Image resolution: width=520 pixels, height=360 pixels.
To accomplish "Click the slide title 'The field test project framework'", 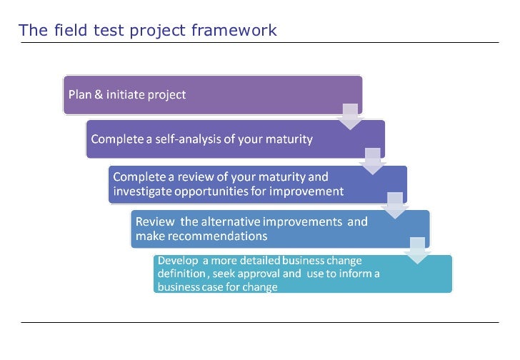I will [x=148, y=30].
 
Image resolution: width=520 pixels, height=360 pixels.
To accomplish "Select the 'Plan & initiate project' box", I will [x=212, y=95].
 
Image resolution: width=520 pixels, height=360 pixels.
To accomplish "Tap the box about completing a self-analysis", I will [x=235, y=139].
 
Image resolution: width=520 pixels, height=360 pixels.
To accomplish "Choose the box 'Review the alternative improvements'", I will [x=280, y=229].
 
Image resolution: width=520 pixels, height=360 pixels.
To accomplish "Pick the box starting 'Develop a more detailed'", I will [x=302, y=274].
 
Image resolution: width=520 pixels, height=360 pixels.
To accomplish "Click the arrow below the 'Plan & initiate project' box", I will [x=349, y=116].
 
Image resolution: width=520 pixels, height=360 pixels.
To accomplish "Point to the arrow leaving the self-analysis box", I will [x=372, y=161].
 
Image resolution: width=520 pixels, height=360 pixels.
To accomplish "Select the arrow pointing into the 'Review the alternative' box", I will [x=395, y=205].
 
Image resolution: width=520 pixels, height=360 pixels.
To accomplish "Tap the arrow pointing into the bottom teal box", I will [x=418, y=250].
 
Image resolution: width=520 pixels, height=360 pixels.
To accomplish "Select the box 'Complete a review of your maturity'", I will [x=257, y=184].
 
